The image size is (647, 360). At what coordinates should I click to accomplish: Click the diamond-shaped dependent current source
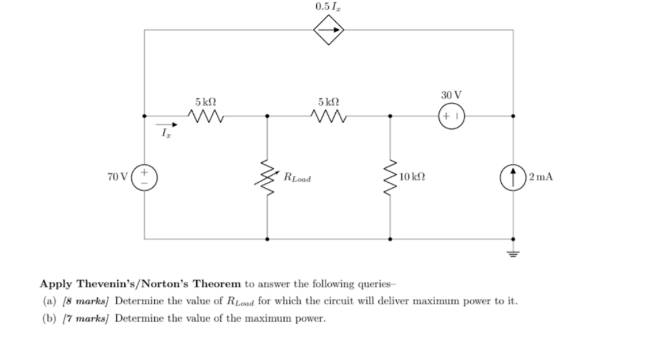328,30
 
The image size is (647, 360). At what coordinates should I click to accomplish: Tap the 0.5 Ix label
328,7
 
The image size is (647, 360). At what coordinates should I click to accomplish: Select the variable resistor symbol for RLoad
267,178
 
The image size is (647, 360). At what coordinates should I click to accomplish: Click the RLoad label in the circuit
298,179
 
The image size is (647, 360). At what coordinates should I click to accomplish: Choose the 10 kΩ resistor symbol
390,178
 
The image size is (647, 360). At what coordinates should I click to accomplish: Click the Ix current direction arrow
165,125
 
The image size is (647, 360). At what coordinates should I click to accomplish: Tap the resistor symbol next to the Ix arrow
206,116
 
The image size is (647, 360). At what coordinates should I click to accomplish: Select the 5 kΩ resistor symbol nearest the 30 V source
329,116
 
